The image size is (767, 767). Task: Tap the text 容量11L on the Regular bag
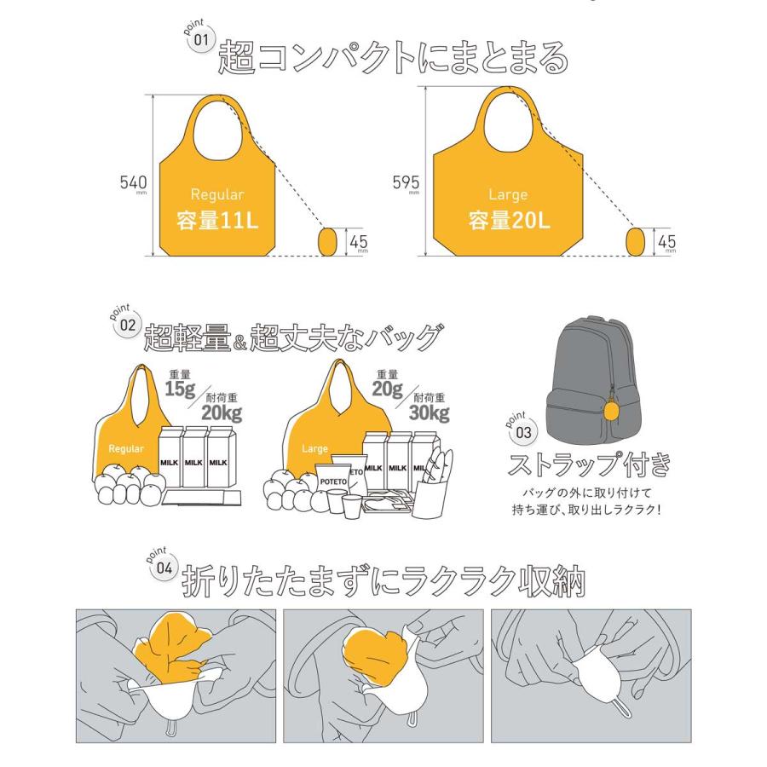pyautogui.click(x=216, y=222)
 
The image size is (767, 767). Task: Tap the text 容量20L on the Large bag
pyautogui.click(x=510, y=222)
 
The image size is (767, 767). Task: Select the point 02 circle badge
pyautogui.click(x=126, y=325)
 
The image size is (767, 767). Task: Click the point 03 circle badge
pyautogui.click(x=522, y=432)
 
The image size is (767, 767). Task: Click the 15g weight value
pyautogui.click(x=180, y=389)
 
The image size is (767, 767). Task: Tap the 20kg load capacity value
pyautogui.click(x=221, y=413)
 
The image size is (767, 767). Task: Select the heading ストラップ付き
pyautogui.click(x=589, y=465)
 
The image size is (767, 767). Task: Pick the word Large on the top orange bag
pyautogui.click(x=509, y=194)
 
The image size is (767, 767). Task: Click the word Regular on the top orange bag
pyautogui.click(x=216, y=194)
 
